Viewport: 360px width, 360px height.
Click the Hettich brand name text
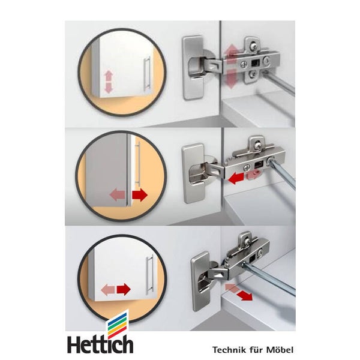click(x=100, y=344)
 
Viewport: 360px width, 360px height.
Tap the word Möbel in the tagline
click(x=280, y=350)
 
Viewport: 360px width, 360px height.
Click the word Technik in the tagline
click(x=227, y=350)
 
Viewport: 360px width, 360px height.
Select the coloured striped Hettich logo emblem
click(x=118, y=325)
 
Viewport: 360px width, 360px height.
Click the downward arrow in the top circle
click(x=109, y=88)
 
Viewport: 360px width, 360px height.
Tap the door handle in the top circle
click(x=147, y=73)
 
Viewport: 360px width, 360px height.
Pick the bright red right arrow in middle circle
click(x=140, y=195)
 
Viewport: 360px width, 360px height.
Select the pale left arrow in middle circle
click(x=118, y=195)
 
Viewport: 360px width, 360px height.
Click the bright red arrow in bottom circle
click(x=124, y=289)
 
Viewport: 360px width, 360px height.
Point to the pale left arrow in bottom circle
click(x=107, y=290)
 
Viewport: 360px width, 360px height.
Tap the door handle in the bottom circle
click(x=149, y=275)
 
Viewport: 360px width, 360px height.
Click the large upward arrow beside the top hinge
click(x=232, y=53)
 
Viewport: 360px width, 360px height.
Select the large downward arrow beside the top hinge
click(x=231, y=79)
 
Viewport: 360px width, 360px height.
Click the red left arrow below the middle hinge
click(x=236, y=178)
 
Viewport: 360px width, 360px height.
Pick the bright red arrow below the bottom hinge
click(x=245, y=295)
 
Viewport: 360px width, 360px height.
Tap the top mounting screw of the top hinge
click(x=253, y=46)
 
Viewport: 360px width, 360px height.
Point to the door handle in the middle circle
click(x=138, y=163)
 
